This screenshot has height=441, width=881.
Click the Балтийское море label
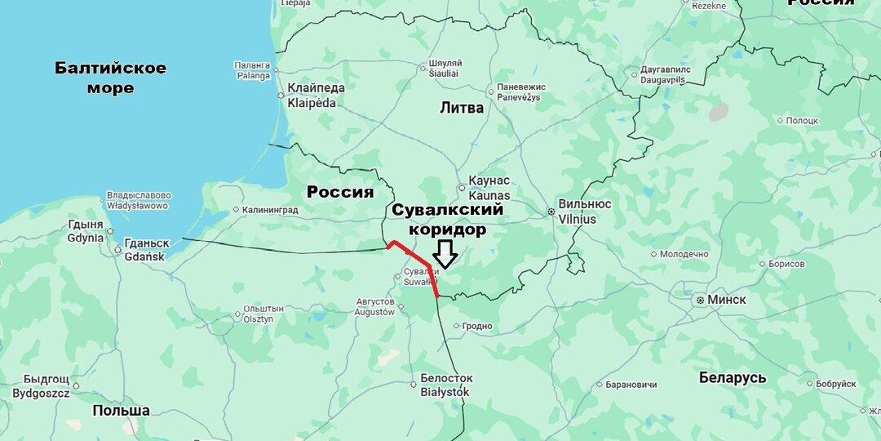(110, 78)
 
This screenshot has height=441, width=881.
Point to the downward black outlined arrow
(445, 254)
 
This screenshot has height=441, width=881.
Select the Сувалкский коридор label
(447, 220)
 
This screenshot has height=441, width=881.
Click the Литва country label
(462, 108)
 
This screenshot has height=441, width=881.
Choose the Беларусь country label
(733, 377)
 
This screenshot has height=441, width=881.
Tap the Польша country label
(121, 410)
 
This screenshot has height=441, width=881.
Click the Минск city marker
(700, 301)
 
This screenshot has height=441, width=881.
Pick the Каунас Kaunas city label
(489, 189)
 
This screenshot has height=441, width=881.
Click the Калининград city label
(269, 210)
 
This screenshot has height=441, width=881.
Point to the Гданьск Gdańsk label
(147, 250)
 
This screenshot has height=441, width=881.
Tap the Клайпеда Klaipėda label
(316, 96)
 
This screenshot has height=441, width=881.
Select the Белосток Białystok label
(445, 385)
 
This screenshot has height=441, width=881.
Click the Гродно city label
(477, 326)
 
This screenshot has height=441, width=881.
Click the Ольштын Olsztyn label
(263, 314)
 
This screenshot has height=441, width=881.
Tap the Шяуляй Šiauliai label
(445, 68)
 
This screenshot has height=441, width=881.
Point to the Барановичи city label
(631, 384)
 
